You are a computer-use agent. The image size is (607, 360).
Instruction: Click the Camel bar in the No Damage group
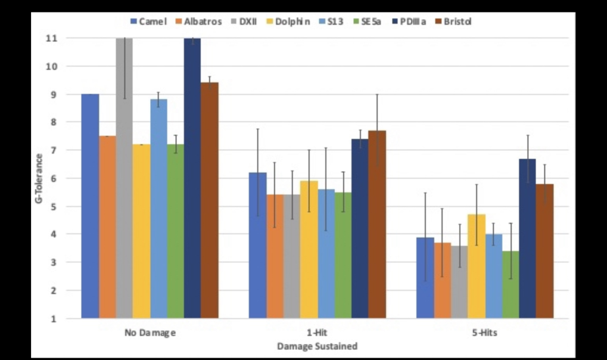pyautogui.click(x=90, y=206)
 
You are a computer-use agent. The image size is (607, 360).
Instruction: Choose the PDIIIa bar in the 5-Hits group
pyautogui.click(x=527, y=238)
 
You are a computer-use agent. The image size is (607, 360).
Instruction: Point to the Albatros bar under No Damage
pyautogui.click(x=107, y=226)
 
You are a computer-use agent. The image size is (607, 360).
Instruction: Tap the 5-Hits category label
pyautogui.click(x=485, y=333)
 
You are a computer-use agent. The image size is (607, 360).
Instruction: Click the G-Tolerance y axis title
pyautogui.click(x=39, y=178)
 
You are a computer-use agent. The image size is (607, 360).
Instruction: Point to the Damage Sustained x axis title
pyautogui.click(x=317, y=346)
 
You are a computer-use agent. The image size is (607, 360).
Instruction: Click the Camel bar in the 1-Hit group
pyautogui.click(x=257, y=245)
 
